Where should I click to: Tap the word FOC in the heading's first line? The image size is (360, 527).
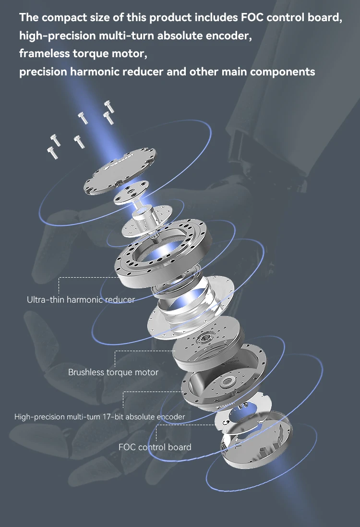point(252,18)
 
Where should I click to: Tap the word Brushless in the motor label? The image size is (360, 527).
point(86,372)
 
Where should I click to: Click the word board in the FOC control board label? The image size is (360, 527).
point(178,447)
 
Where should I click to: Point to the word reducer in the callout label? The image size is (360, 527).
point(120,300)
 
